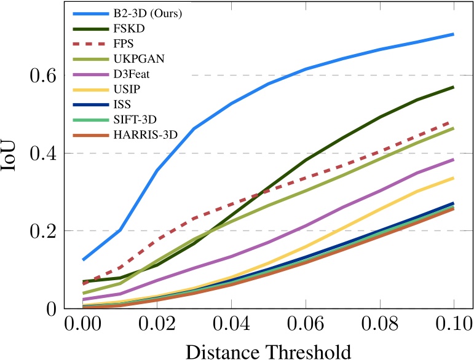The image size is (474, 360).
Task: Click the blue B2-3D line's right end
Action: tap(453, 34)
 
